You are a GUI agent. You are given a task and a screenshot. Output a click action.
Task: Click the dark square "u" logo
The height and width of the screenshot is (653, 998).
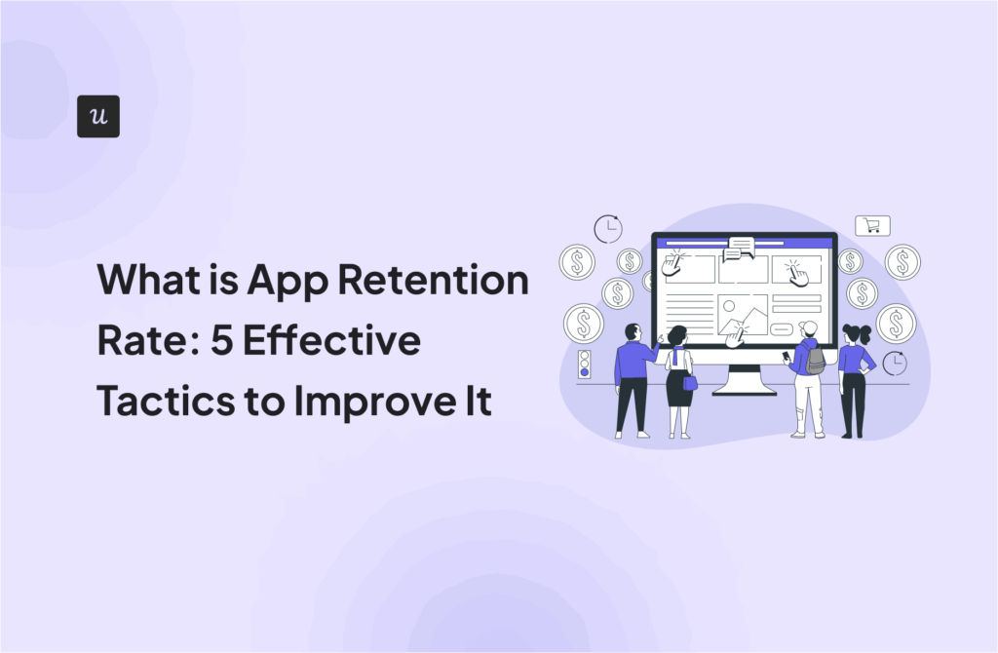(98, 117)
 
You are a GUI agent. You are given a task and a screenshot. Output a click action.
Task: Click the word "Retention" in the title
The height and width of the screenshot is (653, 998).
(433, 280)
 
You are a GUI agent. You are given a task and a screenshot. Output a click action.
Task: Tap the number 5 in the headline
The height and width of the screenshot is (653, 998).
(221, 340)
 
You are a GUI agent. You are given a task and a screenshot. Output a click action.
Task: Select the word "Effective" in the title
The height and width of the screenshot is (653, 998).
(331, 340)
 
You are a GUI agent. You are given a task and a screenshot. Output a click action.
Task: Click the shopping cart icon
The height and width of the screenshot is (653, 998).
(872, 225)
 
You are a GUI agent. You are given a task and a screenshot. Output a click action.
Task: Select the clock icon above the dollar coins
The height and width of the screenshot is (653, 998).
(608, 229)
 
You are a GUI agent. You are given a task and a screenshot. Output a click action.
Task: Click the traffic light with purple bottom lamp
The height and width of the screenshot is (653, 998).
(585, 365)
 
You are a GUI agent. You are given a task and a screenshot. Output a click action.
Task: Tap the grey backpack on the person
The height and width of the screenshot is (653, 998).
(815, 362)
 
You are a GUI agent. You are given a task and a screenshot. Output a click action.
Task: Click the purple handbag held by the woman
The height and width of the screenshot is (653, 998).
(690, 382)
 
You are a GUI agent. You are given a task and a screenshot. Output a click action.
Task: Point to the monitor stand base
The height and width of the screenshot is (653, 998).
(744, 390)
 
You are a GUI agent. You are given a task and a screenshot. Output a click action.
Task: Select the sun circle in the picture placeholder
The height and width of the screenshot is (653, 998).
(729, 306)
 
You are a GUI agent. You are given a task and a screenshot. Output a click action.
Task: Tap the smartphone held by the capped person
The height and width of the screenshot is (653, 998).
(786, 357)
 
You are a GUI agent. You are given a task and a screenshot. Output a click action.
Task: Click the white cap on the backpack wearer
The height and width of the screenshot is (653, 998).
(808, 328)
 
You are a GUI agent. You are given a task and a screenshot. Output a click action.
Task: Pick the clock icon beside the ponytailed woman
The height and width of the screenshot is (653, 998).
(895, 363)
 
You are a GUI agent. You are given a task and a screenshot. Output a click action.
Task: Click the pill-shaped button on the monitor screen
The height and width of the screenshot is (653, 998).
(781, 329)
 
